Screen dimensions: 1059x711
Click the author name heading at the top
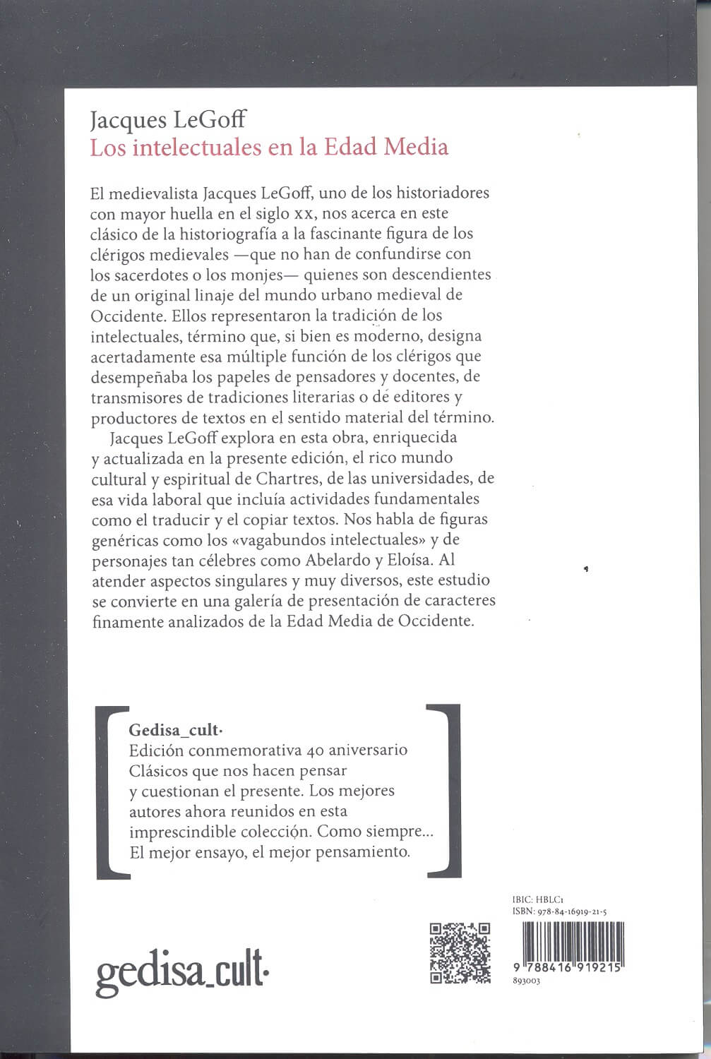coord(168,121)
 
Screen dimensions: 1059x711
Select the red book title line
coord(269,148)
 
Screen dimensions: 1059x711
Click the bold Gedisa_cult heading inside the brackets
coord(172,730)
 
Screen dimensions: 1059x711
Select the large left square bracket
coord(112,791)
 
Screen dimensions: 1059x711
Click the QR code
coord(460,952)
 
